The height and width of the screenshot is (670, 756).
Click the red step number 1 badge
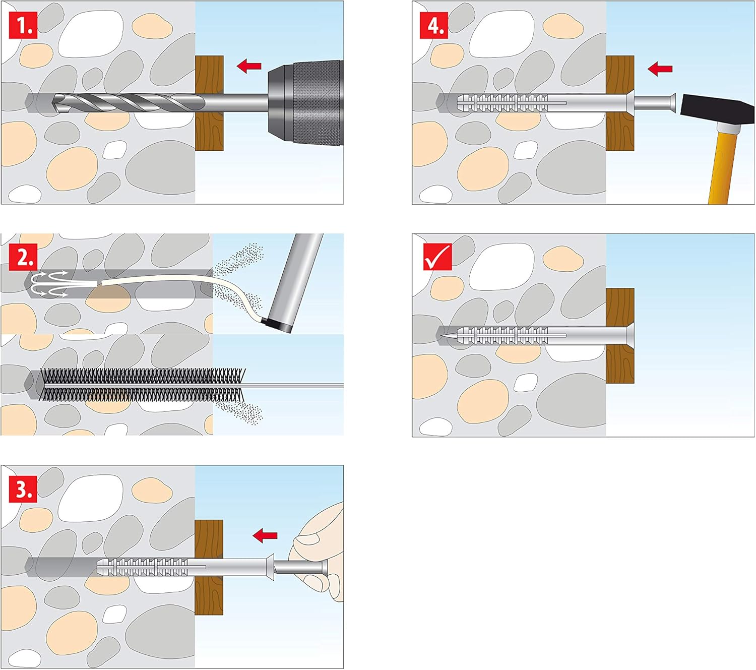click(x=23, y=25)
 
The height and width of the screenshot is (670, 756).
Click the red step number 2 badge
click(x=23, y=257)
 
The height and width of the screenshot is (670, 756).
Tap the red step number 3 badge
click(x=23, y=489)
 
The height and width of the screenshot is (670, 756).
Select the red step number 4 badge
click(x=434, y=25)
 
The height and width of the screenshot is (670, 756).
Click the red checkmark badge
click(x=437, y=257)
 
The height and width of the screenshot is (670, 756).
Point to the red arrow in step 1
click(x=249, y=66)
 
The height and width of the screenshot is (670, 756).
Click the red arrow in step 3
click(x=265, y=535)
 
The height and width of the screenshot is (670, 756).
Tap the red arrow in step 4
click(x=660, y=69)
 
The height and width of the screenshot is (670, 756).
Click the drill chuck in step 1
click(x=305, y=102)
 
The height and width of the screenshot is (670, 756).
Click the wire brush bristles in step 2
click(x=143, y=385)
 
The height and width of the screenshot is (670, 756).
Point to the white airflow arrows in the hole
click(x=50, y=284)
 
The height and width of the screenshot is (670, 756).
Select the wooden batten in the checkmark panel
click(x=620, y=336)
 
